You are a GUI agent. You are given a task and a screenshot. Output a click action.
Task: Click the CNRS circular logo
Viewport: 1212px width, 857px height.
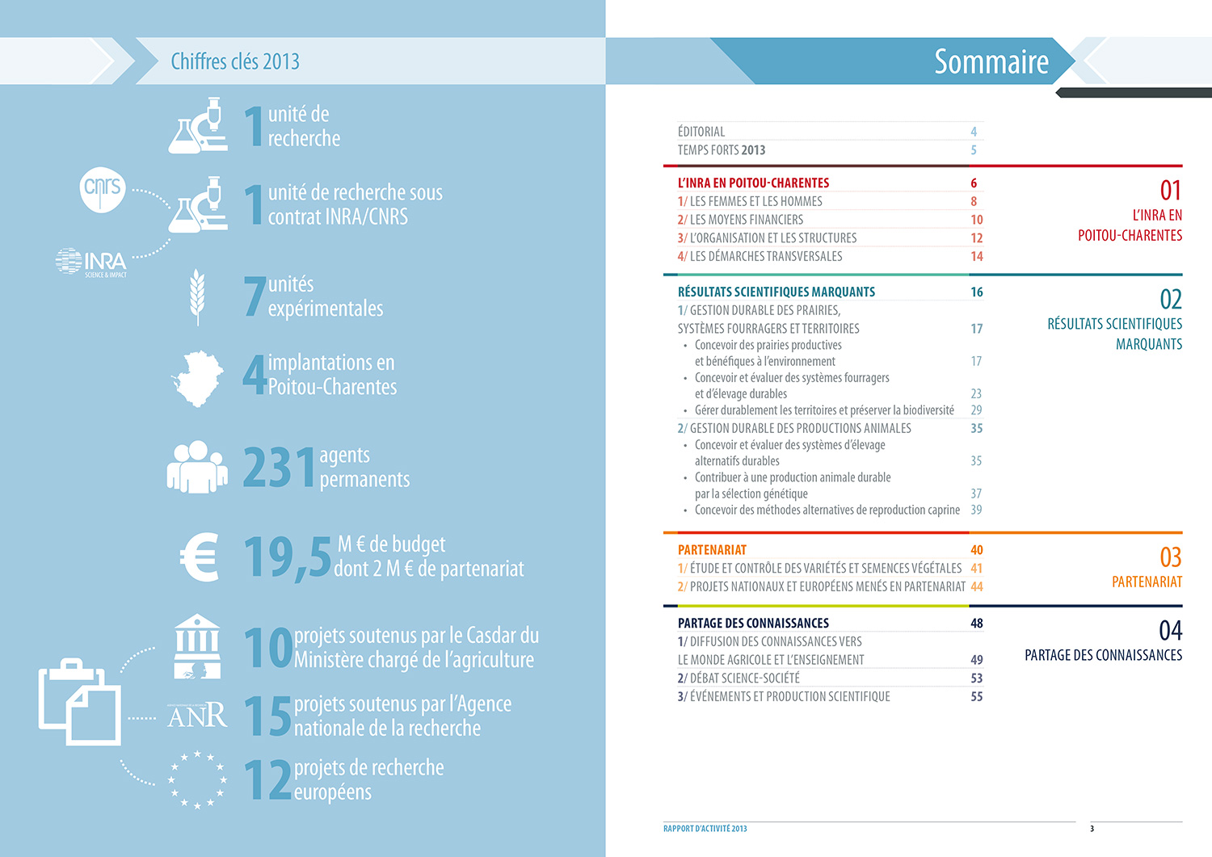pyautogui.click(x=103, y=188)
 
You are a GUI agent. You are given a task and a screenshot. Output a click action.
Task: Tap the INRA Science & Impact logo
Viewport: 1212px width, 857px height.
pyautogui.click(x=91, y=263)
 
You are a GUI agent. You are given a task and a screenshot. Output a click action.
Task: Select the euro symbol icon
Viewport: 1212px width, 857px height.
pyautogui.click(x=200, y=557)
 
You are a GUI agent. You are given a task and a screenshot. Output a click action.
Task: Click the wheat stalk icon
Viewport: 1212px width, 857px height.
pyautogui.click(x=196, y=296)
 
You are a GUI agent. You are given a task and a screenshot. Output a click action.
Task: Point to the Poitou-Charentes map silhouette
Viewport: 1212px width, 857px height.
pyautogui.click(x=198, y=377)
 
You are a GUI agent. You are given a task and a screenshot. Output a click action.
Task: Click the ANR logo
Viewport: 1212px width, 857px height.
pyautogui.click(x=197, y=715)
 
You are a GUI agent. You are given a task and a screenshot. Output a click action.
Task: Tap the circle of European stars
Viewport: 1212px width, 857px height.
pyautogui.click(x=197, y=780)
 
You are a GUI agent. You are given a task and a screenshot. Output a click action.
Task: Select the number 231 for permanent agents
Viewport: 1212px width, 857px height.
pyautogui.click(x=279, y=468)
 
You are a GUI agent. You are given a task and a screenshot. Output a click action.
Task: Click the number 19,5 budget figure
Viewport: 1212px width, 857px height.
pyautogui.click(x=287, y=557)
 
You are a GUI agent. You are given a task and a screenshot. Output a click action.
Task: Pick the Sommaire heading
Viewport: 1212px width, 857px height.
pyautogui.click(x=991, y=61)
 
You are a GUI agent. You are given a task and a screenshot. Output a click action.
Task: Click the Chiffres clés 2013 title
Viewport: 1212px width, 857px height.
pyautogui.click(x=235, y=61)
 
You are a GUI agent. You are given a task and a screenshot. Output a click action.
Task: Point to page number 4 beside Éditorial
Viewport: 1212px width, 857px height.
pyautogui.click(x=974, y=132)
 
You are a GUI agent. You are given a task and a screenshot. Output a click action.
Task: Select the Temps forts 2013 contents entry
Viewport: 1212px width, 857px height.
pyautogui.click(x=722, y=150)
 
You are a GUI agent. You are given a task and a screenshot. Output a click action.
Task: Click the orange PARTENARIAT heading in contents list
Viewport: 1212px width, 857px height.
pyautogui.click(x=712, y=550)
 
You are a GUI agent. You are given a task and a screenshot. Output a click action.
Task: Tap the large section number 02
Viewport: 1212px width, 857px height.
pyautogui.click(x=1170, y=300)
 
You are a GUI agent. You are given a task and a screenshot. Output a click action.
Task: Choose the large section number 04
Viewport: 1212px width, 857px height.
pyautogui.click(x=1170, y=630)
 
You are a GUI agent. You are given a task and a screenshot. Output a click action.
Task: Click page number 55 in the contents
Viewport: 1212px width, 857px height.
pyautogui.click(x=976, y=696)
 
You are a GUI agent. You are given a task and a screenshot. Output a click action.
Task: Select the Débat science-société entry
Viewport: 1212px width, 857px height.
pyautogui.click(x=739, y=678)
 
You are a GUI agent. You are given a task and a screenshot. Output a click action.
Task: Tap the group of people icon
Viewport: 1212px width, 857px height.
pyautogui.click(x=196, y=467)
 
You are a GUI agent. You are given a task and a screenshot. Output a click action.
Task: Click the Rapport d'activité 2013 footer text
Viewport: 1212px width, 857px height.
pyautogui.click(x=705, y=829)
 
